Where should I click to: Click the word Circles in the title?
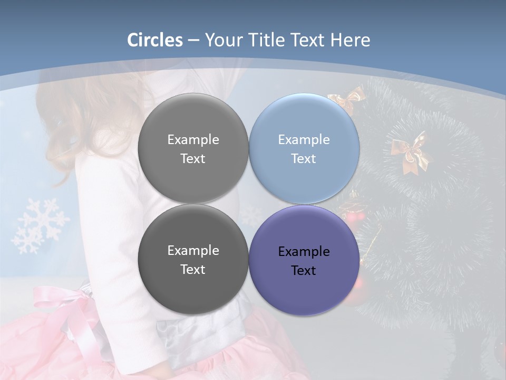pyautogui.click(x=155, y=40)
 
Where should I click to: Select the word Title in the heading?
pyautogui.click(x=268, y=40)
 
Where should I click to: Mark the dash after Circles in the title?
pyautogui.click(x=193, y=41)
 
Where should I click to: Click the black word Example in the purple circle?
pyautogui.click(x=304, y=252)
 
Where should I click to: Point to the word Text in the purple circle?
pyautogui.click(x=304, y=271)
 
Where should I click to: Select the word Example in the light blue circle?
pyautogui.click(x=304, y=140)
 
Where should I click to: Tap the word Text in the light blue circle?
pyautogui.click(x=304, y=159)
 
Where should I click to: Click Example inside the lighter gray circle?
pyautogui.click(x=193, y=140)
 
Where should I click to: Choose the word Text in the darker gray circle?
pyautogui.click(x=193, y=270)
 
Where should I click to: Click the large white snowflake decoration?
pyautogui.click(x=40, y=225)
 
